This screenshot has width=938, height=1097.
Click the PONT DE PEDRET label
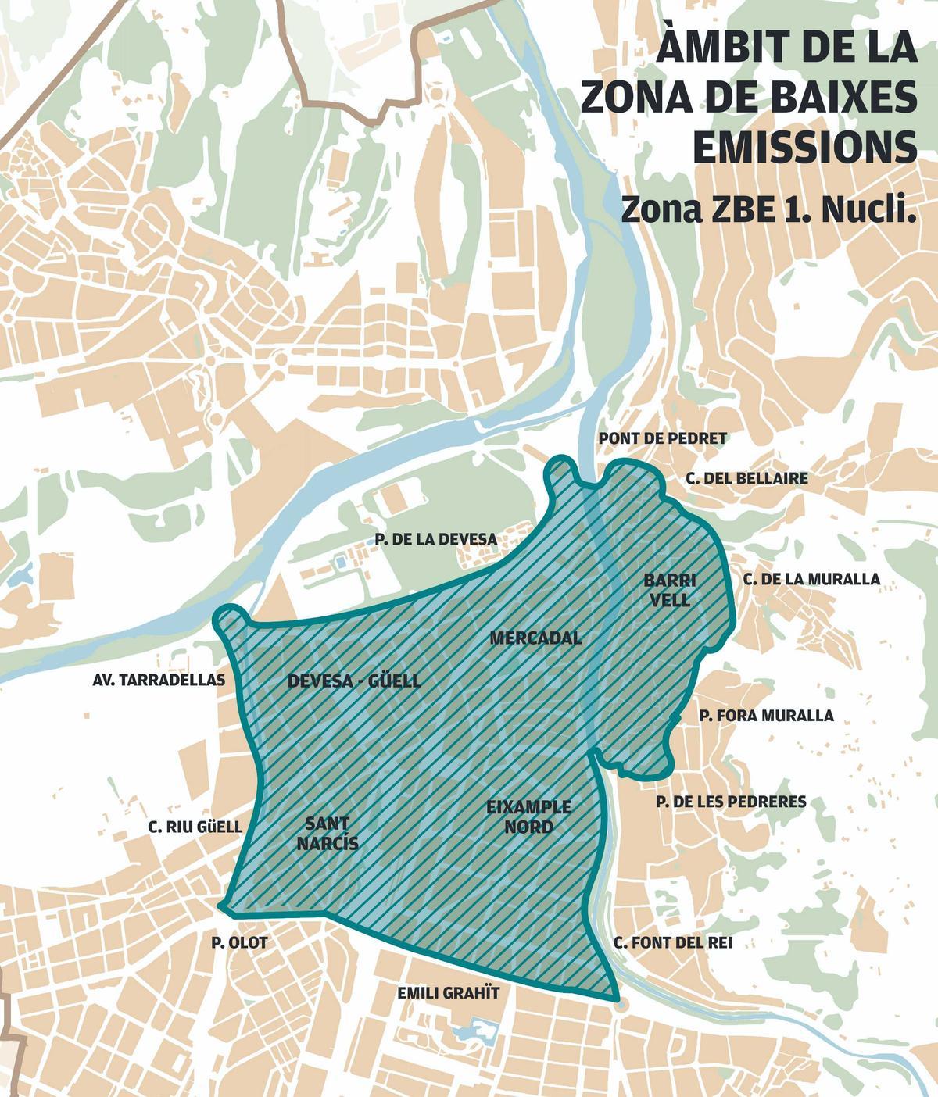tap(662, 438)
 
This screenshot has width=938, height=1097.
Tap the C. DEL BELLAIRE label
tap(747, 478)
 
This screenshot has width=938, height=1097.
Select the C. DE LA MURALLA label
tap(811, 579)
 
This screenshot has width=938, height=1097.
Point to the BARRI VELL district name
tap(670, 590)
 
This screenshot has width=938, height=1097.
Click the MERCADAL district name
tap(535, 638)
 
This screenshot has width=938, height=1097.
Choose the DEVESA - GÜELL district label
tap(353, 681)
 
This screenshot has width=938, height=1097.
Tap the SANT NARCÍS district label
tap(328, 833)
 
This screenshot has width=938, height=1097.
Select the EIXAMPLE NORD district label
tap(528, 816)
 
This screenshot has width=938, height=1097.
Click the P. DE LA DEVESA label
tap(435, 539)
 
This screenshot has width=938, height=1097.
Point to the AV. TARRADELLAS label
tap(159, 680)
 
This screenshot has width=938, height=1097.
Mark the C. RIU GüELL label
tap(195, 827)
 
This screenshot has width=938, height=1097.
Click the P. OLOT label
tap(239, 943)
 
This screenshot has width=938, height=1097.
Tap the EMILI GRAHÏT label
tap(448, 993)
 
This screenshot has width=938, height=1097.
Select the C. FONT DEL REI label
tap(672, 943)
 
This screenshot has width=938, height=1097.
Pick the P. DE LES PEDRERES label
tap(731, 802)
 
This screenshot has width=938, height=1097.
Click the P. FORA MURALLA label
tap(766, 715)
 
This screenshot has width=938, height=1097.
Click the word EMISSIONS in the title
tap(804, 148)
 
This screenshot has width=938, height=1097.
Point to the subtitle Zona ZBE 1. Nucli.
tap(768, 209)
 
